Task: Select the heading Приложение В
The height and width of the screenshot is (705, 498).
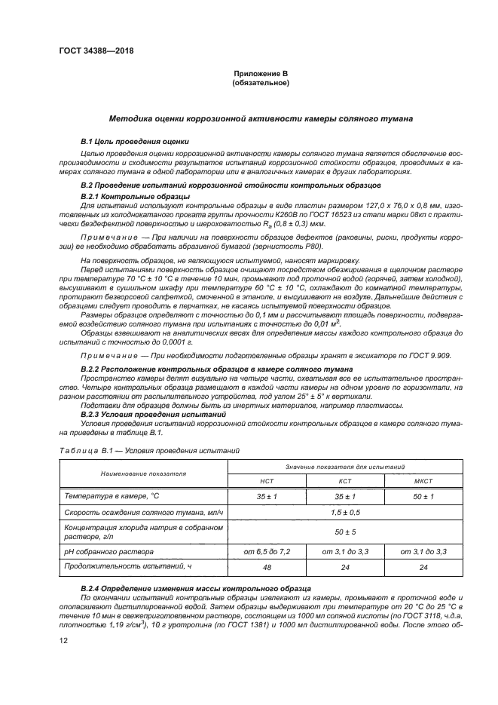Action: (x=261, y=74)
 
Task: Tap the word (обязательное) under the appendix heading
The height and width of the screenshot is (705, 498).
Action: (x=261, y=83)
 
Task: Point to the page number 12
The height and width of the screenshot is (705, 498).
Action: (x=63, y=641)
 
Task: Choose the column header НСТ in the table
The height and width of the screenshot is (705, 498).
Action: (x=267, y=480)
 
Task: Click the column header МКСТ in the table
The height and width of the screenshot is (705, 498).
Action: (x=423, y=480)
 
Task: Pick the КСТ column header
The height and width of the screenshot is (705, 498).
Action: (x=345, y=480)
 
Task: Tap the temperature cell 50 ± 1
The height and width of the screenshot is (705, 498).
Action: (x=423, y=496)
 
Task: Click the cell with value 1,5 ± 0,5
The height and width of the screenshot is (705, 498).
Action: (x=345, y=513)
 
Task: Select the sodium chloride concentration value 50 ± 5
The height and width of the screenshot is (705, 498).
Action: (x=345, y=532)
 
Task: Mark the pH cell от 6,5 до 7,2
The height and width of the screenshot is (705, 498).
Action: (x=267, y=553)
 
